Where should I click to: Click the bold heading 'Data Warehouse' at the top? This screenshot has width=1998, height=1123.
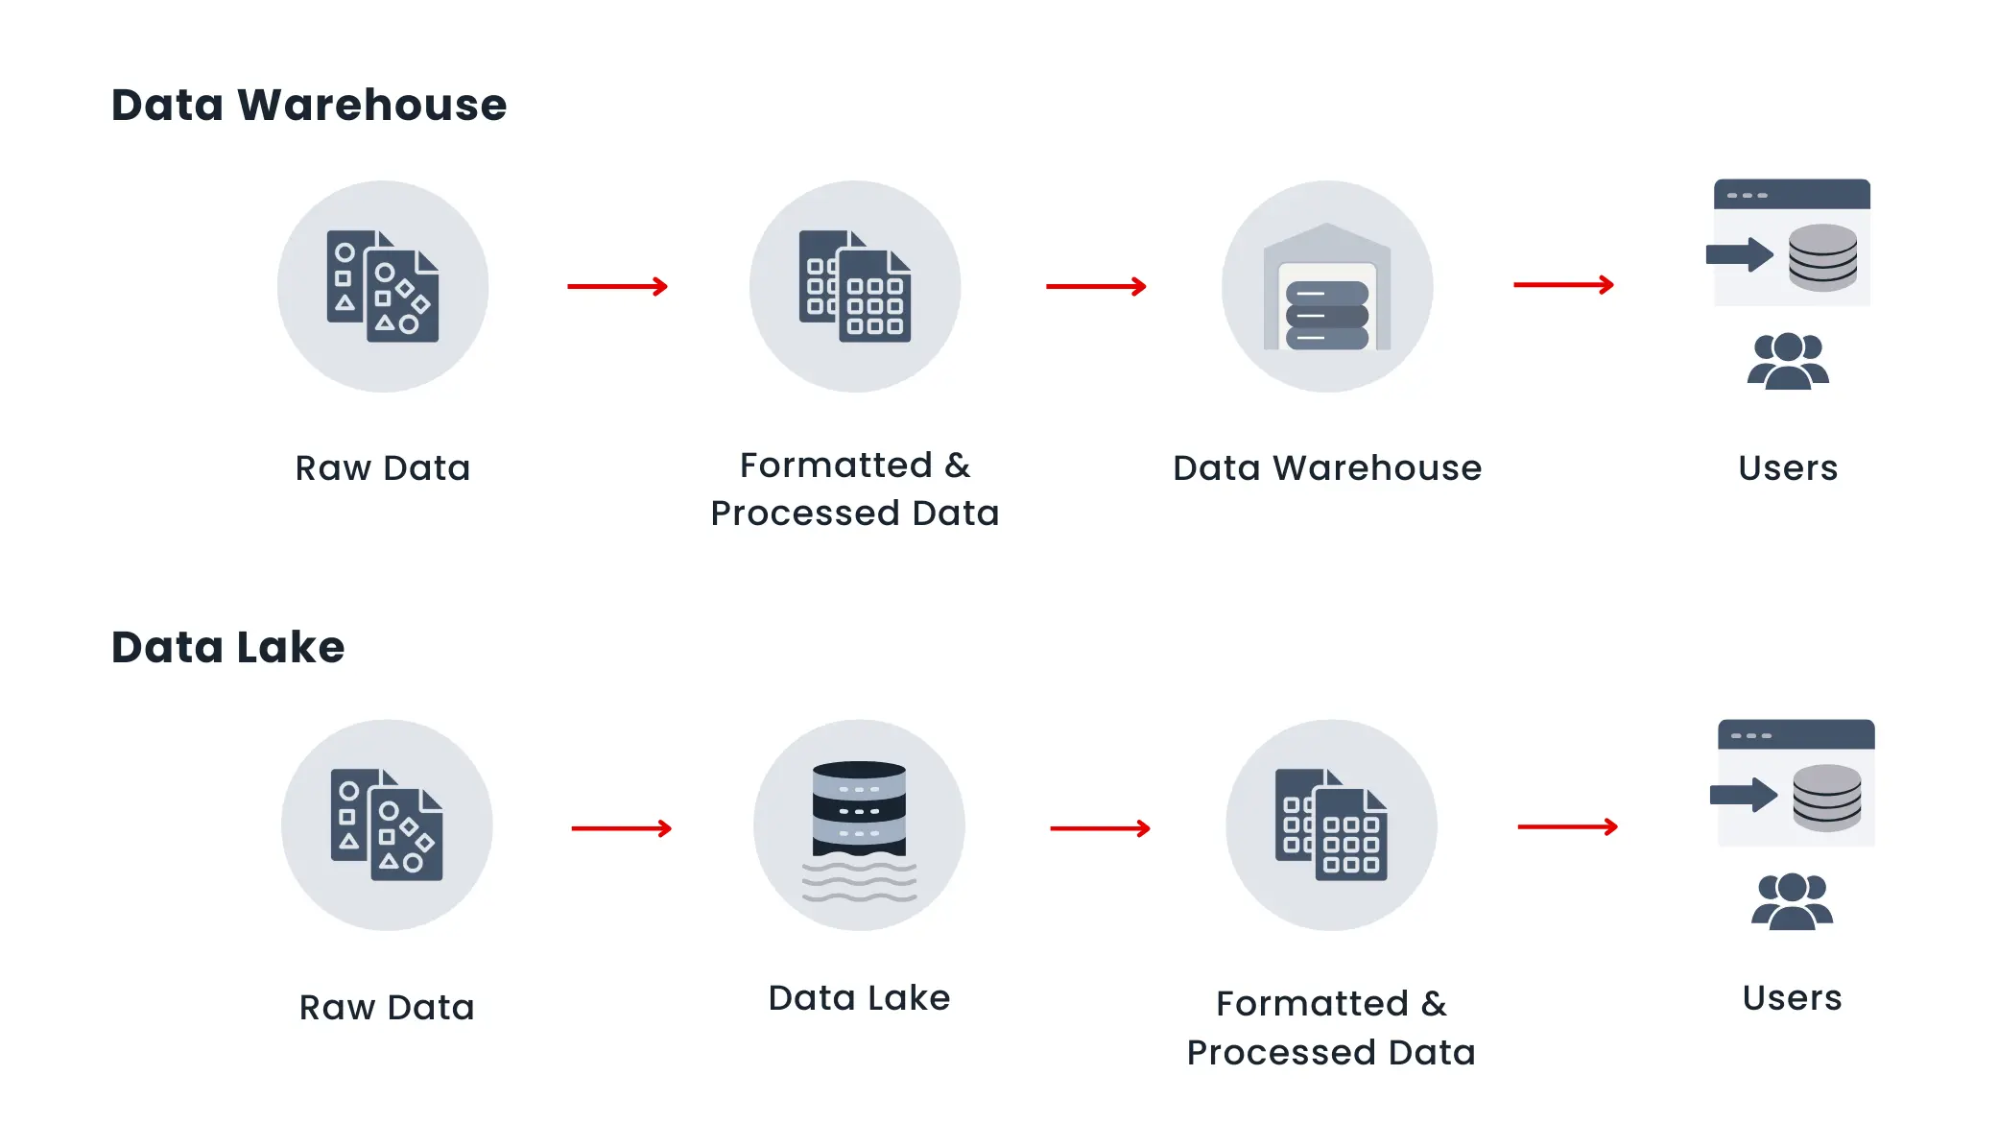308,105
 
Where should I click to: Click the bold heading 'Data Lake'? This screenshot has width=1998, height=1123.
227,647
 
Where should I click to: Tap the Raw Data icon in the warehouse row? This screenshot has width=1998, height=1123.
383,286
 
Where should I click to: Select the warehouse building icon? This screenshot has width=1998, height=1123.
1327,287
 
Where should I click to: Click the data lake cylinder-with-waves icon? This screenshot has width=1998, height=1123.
859,826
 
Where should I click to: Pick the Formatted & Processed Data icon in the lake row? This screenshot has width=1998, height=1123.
1331,825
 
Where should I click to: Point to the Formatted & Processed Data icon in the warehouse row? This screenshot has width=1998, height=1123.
855,286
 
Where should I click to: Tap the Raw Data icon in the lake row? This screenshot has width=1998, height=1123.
387,825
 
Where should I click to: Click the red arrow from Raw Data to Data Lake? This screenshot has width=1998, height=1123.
621,828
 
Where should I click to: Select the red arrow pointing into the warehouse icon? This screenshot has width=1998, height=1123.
1096,286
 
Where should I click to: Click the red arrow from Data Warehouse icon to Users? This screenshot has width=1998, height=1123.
1563,285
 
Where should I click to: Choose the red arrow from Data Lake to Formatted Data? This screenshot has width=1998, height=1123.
1100,828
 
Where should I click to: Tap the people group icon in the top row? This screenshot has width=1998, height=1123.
1788,361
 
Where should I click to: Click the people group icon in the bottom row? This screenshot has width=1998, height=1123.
1792,901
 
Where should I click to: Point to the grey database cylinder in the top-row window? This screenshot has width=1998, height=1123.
1822,257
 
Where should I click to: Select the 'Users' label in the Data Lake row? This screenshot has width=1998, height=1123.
1792,998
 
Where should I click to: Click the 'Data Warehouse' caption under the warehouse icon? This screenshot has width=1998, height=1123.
1327,468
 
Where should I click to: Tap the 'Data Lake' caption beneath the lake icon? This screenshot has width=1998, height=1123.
859,998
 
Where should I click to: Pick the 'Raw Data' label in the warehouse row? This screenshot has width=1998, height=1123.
383,468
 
